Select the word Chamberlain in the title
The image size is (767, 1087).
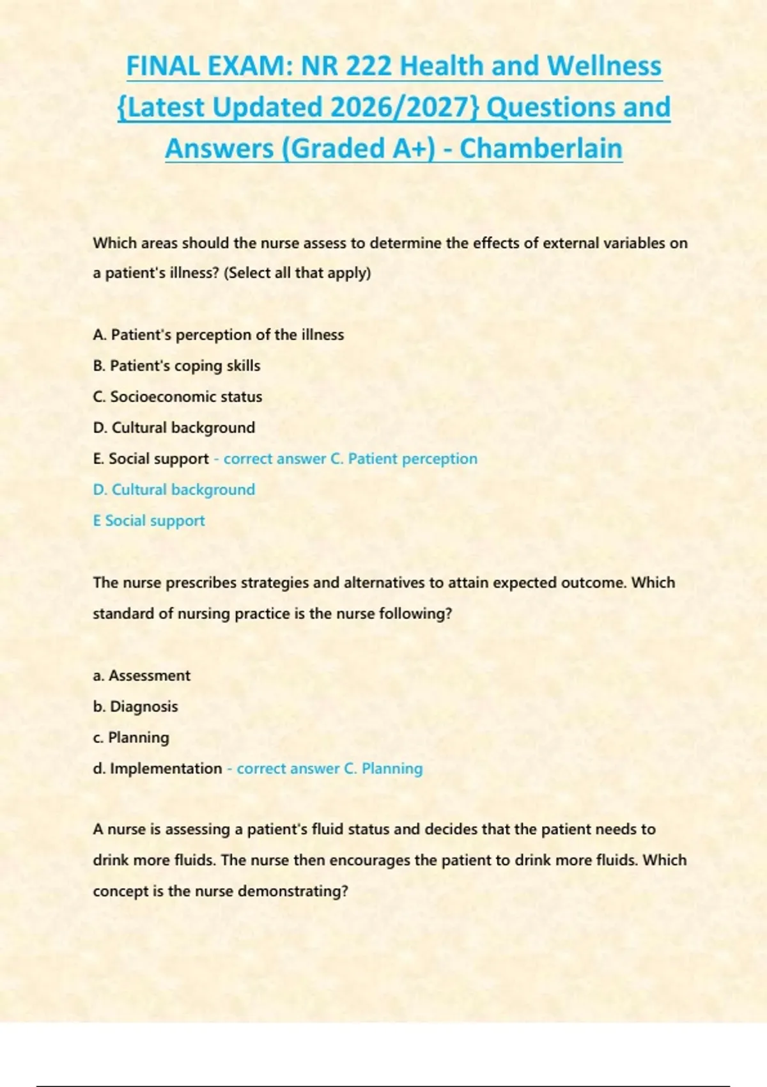[541, 148]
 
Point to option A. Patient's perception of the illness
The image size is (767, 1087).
[218, 334]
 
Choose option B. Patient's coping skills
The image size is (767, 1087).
[176, 366]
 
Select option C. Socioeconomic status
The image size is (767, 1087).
[177, 396]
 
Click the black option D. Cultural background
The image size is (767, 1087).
[174, 427]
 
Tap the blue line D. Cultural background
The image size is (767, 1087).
[174, 490]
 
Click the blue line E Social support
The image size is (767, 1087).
[149, 520]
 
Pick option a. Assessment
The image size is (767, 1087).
[141, 675]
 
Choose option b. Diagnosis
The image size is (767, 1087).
[135, 707]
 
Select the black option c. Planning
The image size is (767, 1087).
[131, 737]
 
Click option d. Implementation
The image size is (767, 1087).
[157, 769]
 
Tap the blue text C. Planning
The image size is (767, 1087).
[383, 769]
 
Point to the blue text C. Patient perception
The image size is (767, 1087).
[404, 458]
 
